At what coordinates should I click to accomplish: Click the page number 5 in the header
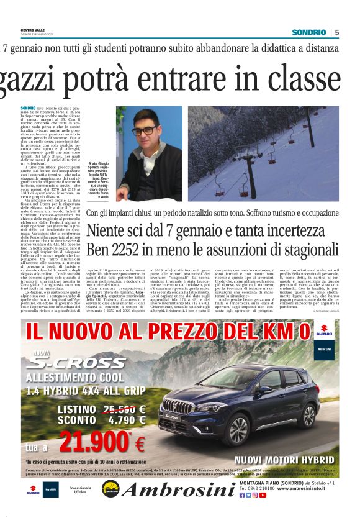(x=336, y=32)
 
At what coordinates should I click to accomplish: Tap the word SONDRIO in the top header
(x=309, y=32)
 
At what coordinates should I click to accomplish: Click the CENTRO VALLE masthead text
(x=32, y=30)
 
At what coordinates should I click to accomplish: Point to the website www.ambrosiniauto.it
(x=308, y=489)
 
